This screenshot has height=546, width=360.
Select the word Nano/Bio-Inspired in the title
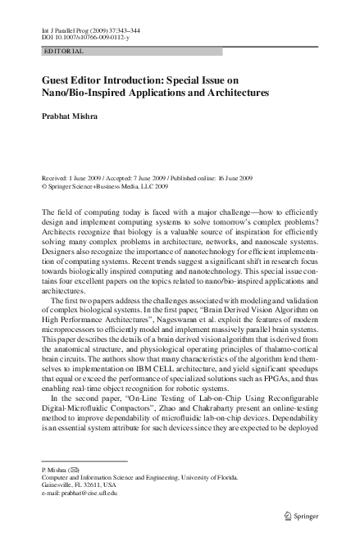[x=84, y=94]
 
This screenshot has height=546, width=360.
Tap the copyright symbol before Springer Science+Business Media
[x=43, y=186]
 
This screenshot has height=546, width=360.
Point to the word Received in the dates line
[x=57, y=178]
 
